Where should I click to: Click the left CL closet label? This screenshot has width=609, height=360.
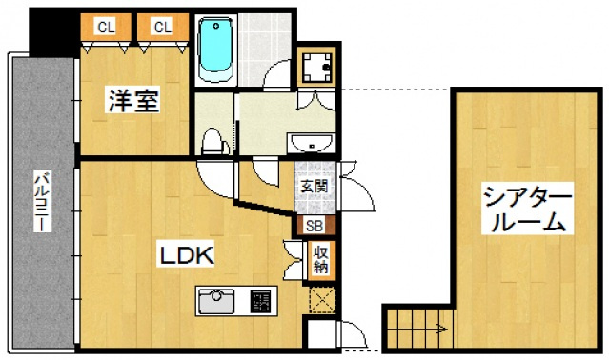106,28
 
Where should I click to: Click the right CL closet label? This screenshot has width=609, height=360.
163,28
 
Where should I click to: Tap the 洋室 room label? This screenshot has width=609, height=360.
132,100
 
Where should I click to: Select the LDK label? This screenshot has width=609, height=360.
186,255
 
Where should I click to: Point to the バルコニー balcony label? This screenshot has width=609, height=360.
43,201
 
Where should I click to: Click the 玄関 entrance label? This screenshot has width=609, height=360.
315,187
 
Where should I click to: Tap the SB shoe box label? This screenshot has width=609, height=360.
315,226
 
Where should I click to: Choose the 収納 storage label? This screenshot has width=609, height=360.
321,259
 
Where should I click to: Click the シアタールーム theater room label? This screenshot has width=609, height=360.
527,209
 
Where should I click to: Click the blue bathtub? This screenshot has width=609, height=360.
215,50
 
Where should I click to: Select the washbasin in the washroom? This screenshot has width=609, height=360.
312,143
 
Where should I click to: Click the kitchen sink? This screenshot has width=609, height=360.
216,301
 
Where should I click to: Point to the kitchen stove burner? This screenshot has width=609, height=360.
260,301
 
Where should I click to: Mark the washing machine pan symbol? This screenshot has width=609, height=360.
316,67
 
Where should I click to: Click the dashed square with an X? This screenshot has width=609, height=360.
322,300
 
